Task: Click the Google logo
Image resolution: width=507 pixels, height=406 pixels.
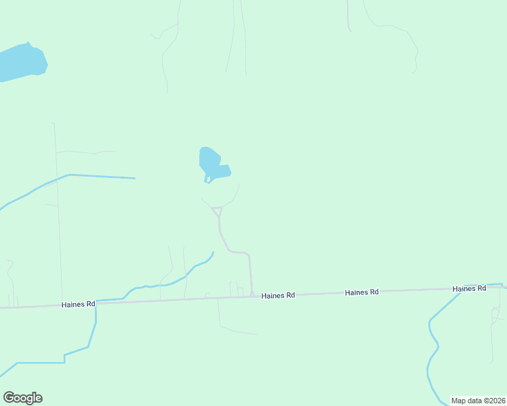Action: pyautogui.click(x=23, y=398)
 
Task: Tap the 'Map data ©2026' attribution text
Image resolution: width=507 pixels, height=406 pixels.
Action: pyautogui.click(x=478, y=401)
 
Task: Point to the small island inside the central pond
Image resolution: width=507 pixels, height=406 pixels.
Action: pyautogui.click(x=208, y=179)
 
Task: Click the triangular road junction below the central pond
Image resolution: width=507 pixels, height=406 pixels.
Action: pyautogui.click(x=218, y=211)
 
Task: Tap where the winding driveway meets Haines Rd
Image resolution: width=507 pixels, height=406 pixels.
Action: pyautogui.click(x=252, y=296)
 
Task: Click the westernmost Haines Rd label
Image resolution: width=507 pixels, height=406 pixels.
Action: pyautogui.click(x=78, y=304)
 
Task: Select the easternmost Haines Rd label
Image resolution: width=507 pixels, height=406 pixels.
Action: pyautogui.click(x=470, y=288)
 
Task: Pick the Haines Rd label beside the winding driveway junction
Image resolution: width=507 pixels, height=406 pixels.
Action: pyautogui.click(x=278, y=296)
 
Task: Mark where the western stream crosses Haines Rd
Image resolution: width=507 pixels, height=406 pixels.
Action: pyautogui.click(x=96, y=302)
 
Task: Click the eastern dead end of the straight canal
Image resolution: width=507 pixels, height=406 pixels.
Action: pyautogui.click(x=135, y=178)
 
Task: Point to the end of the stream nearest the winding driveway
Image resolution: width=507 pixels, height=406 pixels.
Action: pyautogui.click(x=214, y=252)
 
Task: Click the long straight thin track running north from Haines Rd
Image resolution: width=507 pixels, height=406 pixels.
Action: pyautogui.click(x=58, y=217)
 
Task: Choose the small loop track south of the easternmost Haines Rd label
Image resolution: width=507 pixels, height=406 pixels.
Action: pyautogui.click(x=495, y=313)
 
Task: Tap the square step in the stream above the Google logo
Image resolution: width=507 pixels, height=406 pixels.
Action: pyautogui.click(x=64, y=358)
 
